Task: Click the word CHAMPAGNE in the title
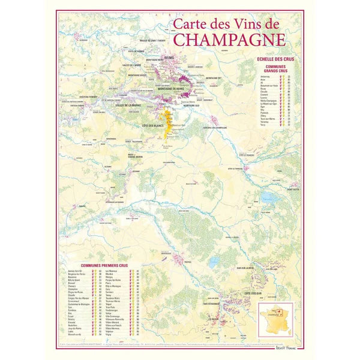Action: coord(229,40)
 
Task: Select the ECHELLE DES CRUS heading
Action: coord(273,58)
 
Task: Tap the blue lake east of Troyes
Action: coord(214,262)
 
